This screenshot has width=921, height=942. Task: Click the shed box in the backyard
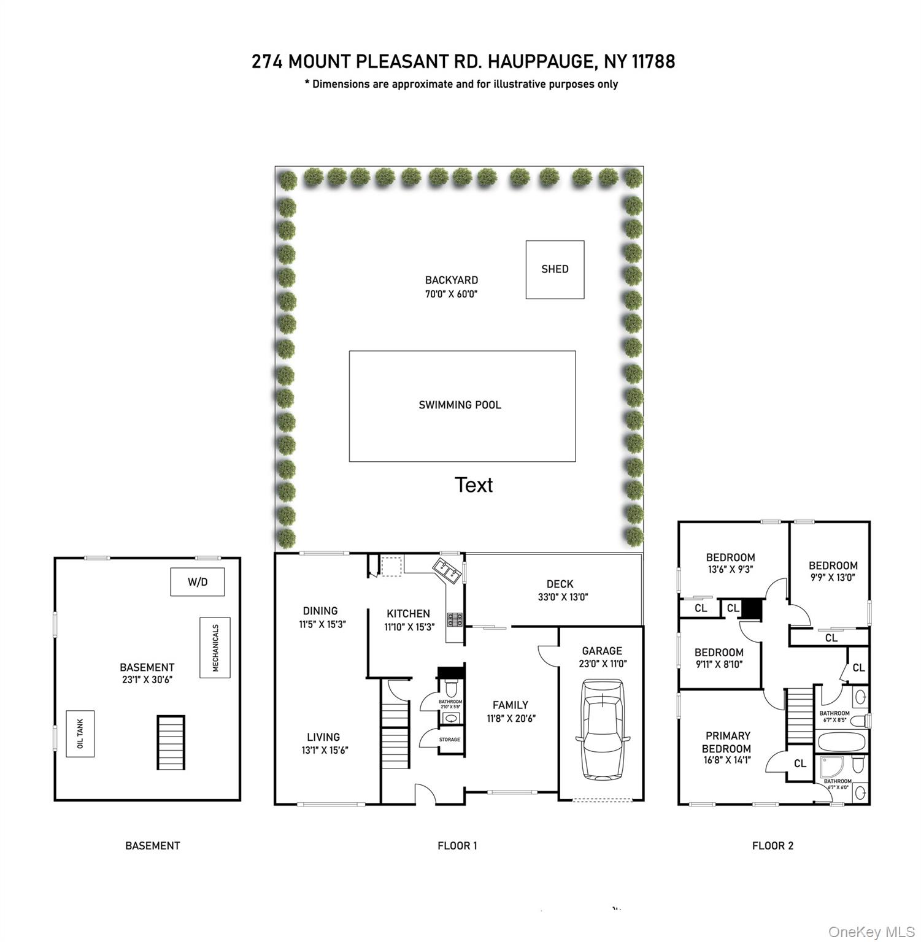tap(555, 269)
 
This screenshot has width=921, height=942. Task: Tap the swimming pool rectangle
tap(462, 405)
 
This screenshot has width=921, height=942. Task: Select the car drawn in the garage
tap(603, 729)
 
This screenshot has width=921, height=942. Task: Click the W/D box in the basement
tap(197, 582)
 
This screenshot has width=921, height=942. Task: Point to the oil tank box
tap(80, 733)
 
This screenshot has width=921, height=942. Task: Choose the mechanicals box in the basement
tap(215, 648)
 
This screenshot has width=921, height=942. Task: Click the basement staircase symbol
tap(171, 742)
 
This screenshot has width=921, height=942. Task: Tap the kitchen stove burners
tap(455, 619)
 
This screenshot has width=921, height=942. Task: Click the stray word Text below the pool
tap(474, 485)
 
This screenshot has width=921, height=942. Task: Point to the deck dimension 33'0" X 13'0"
tap(563, 597)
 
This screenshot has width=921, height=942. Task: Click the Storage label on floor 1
tap(450, 740)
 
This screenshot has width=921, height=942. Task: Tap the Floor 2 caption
tap(773, 846)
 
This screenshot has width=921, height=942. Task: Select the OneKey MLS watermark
tap(871, 932)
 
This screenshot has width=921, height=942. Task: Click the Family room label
tap(511, 705)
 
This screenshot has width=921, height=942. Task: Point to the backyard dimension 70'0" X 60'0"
tap(451, 294)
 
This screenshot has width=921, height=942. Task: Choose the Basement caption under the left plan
tap(152, 846)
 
